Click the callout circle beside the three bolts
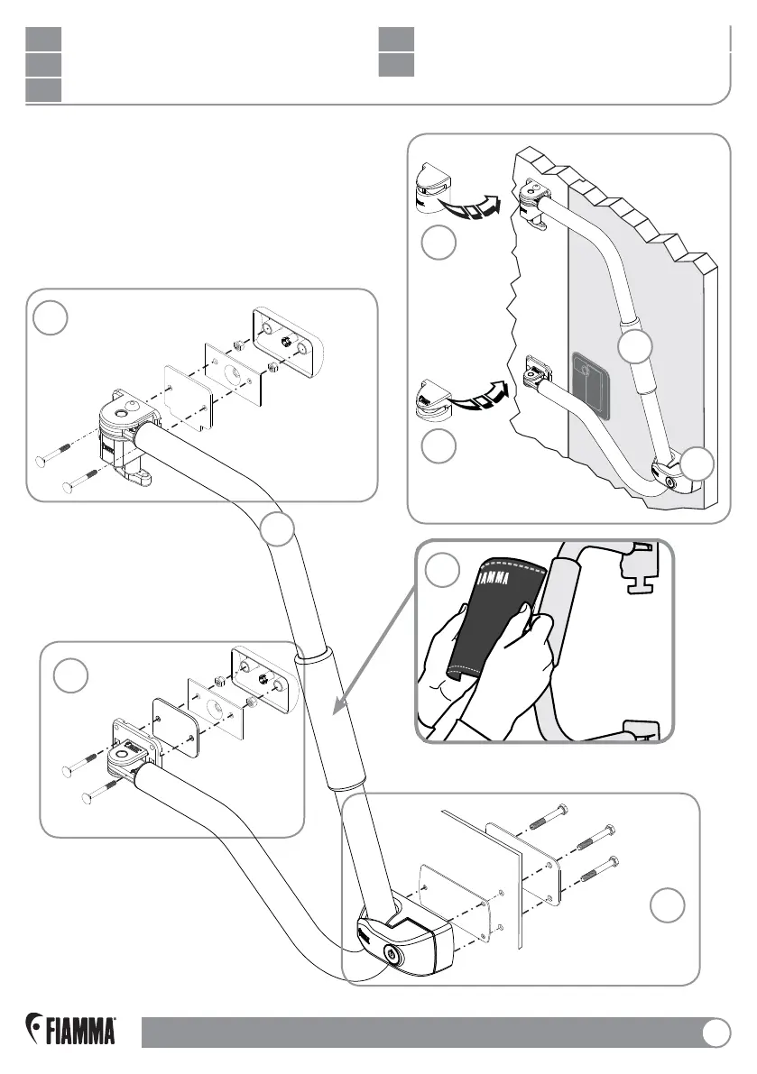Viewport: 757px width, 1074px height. (667, 905)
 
